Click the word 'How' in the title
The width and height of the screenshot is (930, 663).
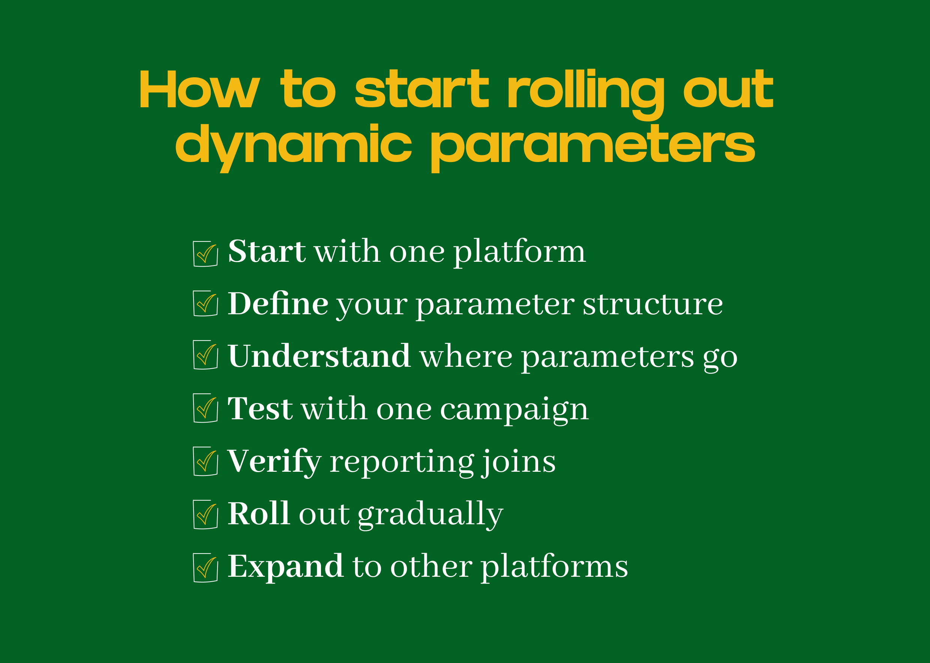pyautogui.click(x=199, y=89)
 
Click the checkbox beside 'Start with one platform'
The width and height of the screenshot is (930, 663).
pyautogui.click(x=205, y=254)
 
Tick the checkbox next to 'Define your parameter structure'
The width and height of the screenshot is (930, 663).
pyautogui.click(x=205, y=303)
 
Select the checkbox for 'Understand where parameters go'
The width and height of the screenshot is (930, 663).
pyautogui.click(x=205, y=355)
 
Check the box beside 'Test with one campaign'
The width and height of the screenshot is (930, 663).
pyautogui.click(x=205, y=408)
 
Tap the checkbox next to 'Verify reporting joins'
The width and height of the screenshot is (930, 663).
pyautogui.click(x=205, y=461)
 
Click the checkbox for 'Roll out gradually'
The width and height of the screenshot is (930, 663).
pyautogui.click(x=205, y=514)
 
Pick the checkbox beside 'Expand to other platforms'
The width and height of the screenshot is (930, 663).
pyautogui.click(x=205, y=568)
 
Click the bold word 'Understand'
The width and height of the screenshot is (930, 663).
pyautogui.click(x=319, y=355)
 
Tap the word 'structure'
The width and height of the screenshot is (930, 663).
pyautogui.click(x=652, y=304)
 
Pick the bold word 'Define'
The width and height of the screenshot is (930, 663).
pyautogui.click(x=277, y=304)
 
